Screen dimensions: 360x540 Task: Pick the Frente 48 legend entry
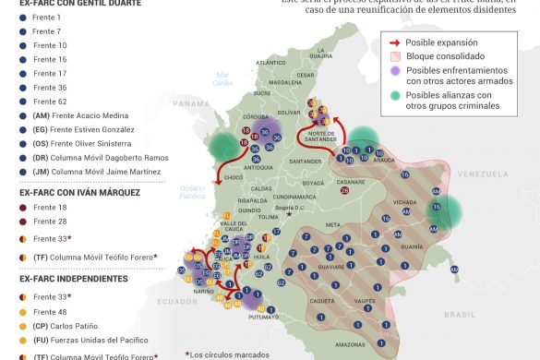[x=49, y=312]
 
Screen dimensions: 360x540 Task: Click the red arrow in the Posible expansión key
[x=394, y=42]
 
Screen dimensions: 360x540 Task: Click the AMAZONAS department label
[x=350, y=344]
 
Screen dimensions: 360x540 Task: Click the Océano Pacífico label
[x=191, y=192]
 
